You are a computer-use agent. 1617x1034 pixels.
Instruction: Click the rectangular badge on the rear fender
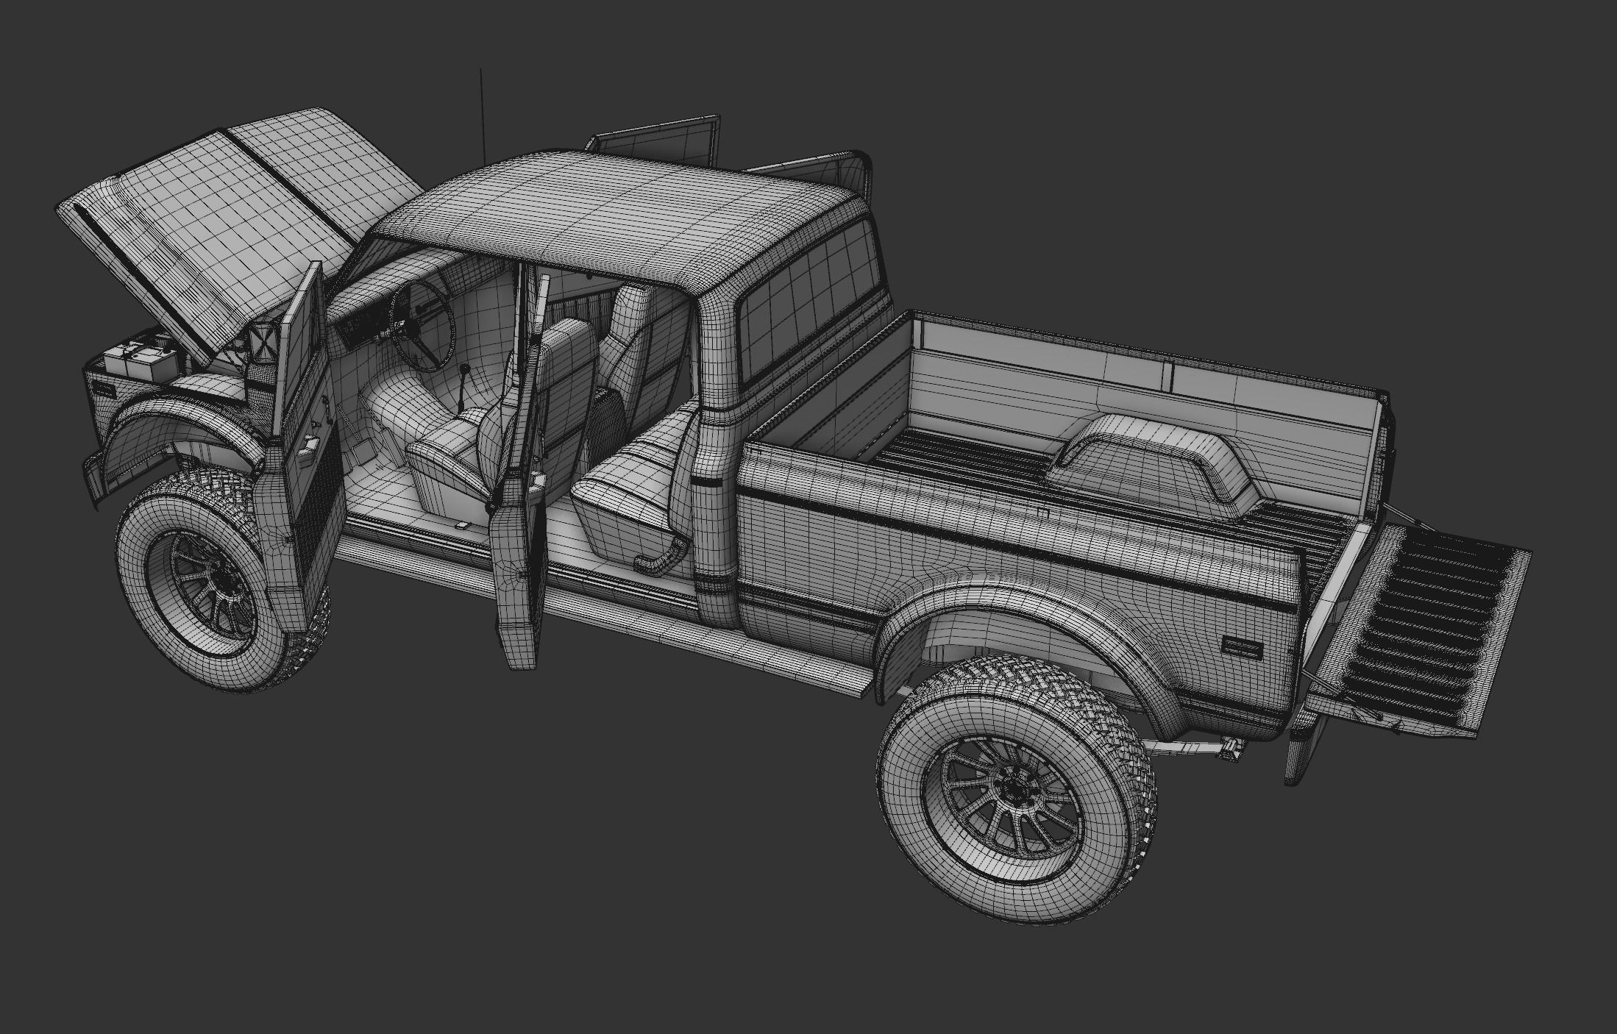point(1242,646)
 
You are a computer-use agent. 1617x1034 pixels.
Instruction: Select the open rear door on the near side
point(519,515)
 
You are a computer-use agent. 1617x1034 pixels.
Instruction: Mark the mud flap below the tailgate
point(1298,750)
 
